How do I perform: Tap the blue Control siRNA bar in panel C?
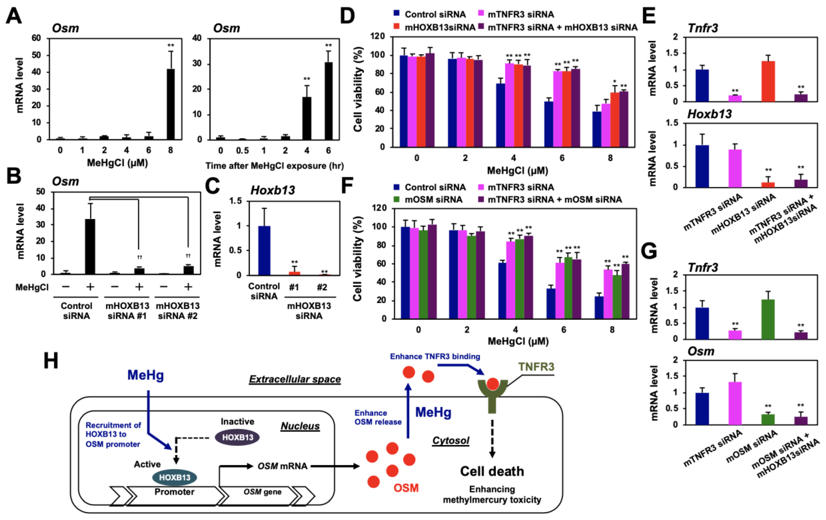(264, 251)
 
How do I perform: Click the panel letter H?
(51, 361)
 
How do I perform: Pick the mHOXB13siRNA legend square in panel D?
(397, 27)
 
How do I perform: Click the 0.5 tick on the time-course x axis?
(242, 151)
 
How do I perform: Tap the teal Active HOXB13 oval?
(175, 477)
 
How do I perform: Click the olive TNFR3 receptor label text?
(536, 367)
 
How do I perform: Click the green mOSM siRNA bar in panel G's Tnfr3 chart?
(768, 319)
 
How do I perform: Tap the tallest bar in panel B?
(90, 246)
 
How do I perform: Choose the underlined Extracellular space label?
(295, 379)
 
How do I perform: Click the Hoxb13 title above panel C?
(273, 190)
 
